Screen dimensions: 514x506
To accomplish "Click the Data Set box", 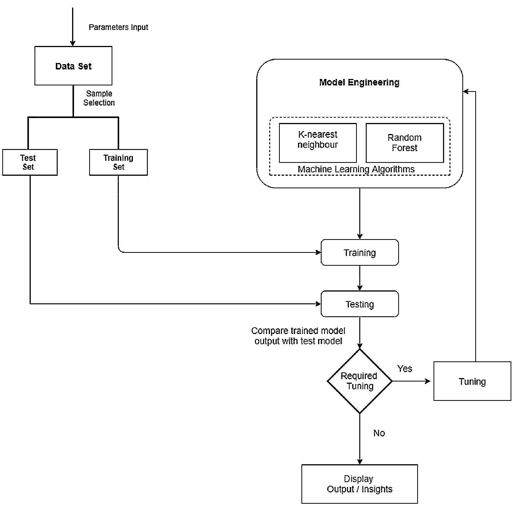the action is point(73,66).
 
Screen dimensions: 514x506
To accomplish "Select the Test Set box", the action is point(30,162).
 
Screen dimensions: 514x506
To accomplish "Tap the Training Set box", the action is point(118,162).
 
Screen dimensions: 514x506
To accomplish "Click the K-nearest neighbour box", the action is point(318,143).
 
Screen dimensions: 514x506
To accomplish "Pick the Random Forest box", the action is point(405,143).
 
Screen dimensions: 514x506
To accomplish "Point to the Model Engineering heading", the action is point(359,82).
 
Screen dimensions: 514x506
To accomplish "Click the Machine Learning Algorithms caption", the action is point(356,169).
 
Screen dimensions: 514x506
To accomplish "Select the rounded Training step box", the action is point(359,252).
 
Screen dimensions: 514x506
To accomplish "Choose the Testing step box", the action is point(359,304).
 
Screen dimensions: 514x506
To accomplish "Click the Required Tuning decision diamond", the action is point(359,381).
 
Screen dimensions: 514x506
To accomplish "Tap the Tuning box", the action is point(472,381).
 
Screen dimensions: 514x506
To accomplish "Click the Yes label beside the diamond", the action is point(404,369).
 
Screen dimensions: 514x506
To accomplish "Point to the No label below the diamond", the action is point(379,433).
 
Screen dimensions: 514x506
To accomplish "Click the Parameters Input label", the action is point(118,27).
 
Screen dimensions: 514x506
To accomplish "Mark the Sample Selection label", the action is point(99,98).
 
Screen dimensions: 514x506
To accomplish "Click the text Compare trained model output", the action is point(298,336).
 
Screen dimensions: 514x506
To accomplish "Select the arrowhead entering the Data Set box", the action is point(73,44).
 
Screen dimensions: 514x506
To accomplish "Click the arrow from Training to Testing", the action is point(359,278).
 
